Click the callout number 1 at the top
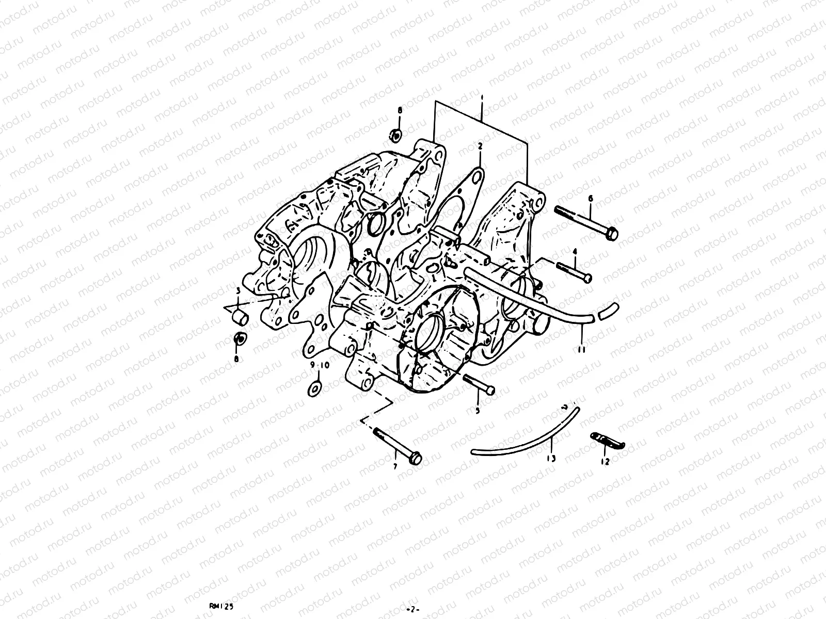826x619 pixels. click(x=481, y=97)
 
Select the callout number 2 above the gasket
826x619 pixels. click(x=480, y=146)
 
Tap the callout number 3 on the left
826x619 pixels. click(x=239, y=291)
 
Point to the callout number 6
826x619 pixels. click(x=591, y=198)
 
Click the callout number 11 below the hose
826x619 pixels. click(x=582, y=349)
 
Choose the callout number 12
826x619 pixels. click(x=606, y=462)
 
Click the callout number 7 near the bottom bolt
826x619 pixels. click(x=395, y=466)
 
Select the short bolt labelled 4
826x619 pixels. click(x=574, y=272)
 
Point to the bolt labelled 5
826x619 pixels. click(x=479, y=385)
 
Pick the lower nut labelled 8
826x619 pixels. click(x=240, y=339)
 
